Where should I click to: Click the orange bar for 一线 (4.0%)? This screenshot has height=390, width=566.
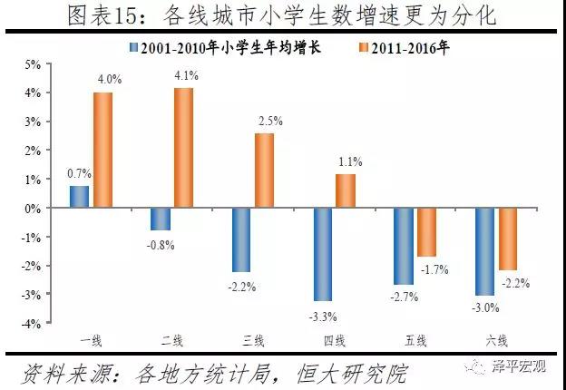coord(102,150)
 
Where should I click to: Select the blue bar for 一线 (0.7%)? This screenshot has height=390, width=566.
coord(79,197)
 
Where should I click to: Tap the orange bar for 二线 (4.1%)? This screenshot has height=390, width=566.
coord(183,148)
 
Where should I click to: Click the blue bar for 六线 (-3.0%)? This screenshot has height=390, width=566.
coord(485,251)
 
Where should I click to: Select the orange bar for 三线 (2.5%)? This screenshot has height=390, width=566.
coord(264,171)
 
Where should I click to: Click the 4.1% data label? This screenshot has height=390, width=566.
coord(186,76)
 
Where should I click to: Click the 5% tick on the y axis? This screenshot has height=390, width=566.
coord(34,64)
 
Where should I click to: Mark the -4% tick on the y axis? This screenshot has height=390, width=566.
coord(33,324)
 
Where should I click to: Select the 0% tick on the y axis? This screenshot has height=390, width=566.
coord(34,209)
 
